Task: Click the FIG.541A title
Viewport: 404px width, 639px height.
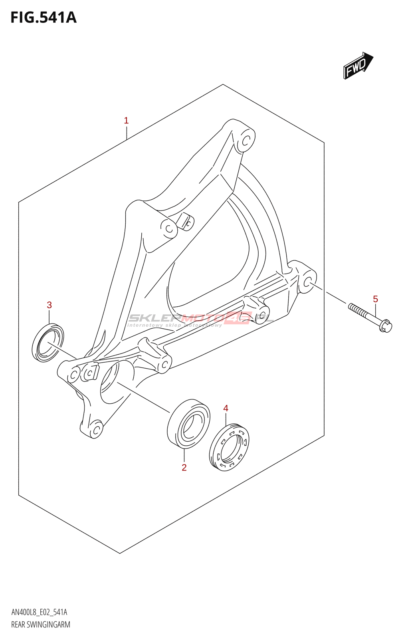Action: (x=43, y=18)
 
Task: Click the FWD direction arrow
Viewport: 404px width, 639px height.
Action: (x=358, y=65)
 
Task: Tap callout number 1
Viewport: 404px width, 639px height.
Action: (x=126, y=120)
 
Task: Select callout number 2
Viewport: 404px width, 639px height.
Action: (x=184, y=467)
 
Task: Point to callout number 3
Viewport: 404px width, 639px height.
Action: (x=49, y=305)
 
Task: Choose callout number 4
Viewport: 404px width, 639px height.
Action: (x=226, y=408)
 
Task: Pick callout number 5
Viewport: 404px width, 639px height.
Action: (x=375, y=299)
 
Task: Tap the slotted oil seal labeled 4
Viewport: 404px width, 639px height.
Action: (x=229, y=447)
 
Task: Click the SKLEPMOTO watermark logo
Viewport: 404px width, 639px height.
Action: (x=200, y=319)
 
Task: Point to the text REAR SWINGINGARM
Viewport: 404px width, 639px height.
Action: (x=41, y=625)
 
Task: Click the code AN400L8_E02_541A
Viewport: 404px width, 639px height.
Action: (x=39, y=612)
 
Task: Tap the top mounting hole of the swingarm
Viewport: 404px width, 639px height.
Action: (x=247, y=140)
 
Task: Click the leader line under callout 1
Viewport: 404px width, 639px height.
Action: (x=126, y=132)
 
